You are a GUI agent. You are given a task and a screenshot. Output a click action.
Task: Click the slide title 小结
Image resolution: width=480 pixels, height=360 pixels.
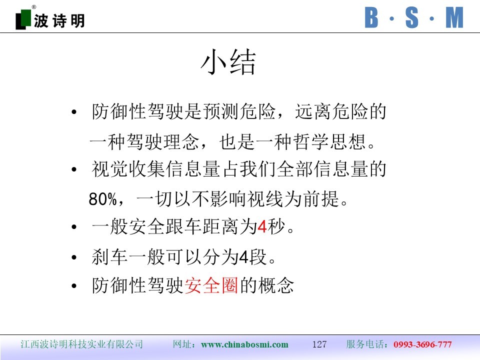tap(228, 62)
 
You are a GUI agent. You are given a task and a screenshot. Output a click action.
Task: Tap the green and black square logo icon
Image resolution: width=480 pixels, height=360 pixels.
tap(23, 19)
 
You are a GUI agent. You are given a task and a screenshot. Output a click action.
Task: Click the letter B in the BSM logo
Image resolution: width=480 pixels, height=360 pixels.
tap(371, 18)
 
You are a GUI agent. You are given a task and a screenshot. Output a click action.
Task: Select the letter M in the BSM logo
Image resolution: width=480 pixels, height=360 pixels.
tap(454, 18)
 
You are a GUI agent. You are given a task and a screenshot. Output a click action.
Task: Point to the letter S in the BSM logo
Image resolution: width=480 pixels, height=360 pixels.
tap(411, 18)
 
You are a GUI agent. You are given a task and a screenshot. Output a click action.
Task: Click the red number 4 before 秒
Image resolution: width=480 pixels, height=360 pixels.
tap(262, 227)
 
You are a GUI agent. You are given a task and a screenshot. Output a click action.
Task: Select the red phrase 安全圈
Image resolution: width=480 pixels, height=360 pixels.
tap(211, 285)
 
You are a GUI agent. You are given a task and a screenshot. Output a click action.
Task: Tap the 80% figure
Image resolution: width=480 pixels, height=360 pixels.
tap(103, 199)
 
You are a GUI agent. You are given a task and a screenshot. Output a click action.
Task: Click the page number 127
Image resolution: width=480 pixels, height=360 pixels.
tap(319, 344)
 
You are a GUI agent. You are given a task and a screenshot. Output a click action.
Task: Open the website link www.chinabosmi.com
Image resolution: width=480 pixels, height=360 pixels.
tap(244, 344)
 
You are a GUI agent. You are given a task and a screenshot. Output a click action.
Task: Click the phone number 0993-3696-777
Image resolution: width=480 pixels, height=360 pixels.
tap(423, 344)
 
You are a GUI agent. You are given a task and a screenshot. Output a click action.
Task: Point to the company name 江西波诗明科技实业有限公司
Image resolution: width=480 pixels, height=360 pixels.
tap(81, 344)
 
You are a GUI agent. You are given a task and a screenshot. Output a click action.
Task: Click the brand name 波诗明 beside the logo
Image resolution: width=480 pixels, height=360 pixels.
tap(59, 21)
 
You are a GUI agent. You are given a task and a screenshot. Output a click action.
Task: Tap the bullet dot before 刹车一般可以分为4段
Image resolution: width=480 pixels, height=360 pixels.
tap(74, 257)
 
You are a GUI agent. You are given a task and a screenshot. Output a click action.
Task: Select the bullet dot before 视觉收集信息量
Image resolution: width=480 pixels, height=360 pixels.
tap(74, 169)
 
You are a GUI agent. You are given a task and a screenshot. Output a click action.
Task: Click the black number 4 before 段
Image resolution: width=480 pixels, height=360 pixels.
tap(243, 257)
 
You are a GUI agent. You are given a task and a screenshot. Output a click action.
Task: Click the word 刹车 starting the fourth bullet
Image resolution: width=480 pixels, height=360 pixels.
tap(109, 256)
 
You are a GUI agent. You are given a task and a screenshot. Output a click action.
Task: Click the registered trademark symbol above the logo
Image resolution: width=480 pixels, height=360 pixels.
tap(33, 7)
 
